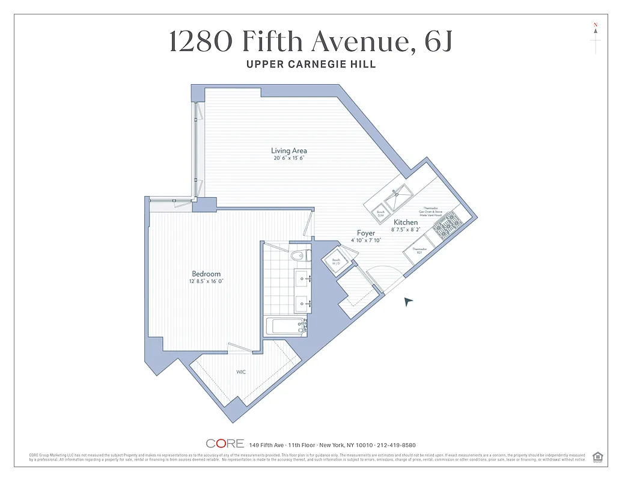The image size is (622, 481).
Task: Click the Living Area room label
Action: tap(289, 150)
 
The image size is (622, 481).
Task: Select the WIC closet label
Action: tap(240, 372)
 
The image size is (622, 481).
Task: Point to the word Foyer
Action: tap(366, 233)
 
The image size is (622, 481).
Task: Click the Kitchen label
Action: tap(406, 222)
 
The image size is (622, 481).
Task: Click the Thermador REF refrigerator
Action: tap(419, 251)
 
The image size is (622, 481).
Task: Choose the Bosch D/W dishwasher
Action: tap(380, 213)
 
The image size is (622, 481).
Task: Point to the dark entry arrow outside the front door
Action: tap(409, 301)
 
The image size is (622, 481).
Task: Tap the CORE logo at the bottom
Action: tap(225, 444)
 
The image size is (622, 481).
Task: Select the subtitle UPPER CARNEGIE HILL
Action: tap(311, 64)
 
